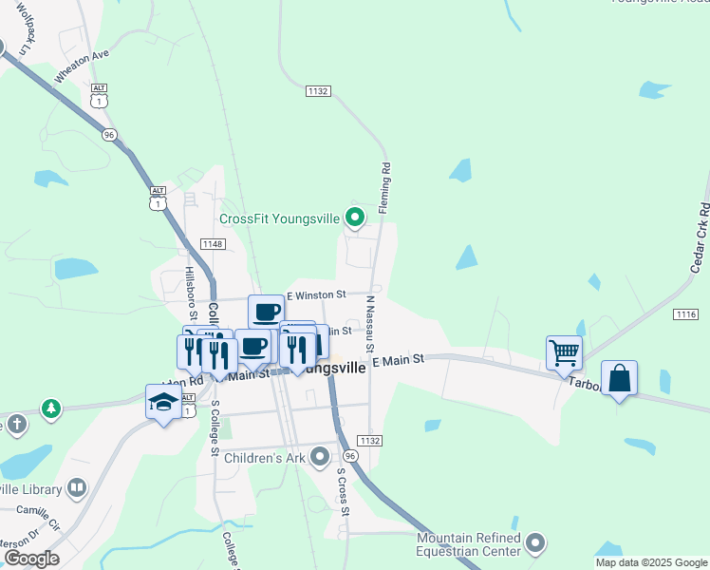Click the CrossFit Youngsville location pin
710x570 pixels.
point(355,219)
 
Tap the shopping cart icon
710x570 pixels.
point(564,353)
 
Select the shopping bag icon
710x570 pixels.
point(619,378)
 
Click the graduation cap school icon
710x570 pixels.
point(163,402)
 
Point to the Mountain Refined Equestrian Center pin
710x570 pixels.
point(536,543)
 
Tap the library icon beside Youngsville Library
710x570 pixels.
point(77,489)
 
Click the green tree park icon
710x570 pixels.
point(50,408)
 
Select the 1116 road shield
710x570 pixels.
point(685,313)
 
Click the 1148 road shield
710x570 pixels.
point(213,244)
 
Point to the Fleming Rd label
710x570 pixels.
point(386,187)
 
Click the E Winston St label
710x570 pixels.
point(316,295)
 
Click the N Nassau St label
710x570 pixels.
point(369,324)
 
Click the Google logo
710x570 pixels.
point(31,558)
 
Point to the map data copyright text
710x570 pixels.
point(651,562)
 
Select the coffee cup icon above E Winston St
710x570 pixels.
point(267,311)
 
